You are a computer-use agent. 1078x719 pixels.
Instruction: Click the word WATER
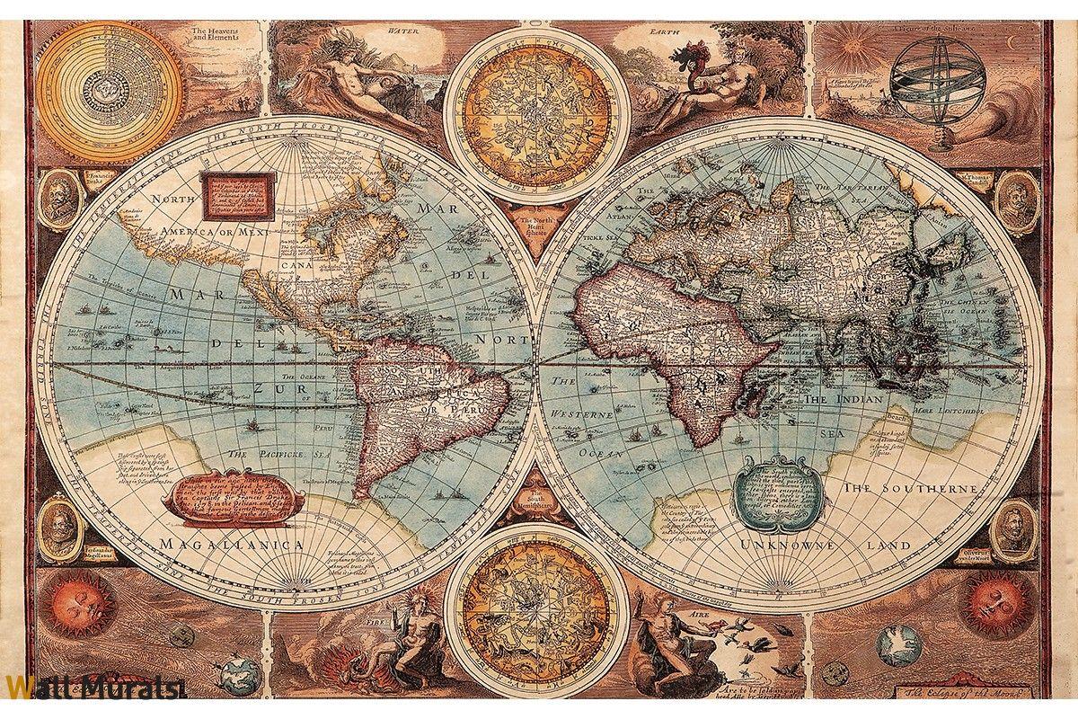pos(404,29)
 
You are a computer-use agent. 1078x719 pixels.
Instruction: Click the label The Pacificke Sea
pos(278,455)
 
